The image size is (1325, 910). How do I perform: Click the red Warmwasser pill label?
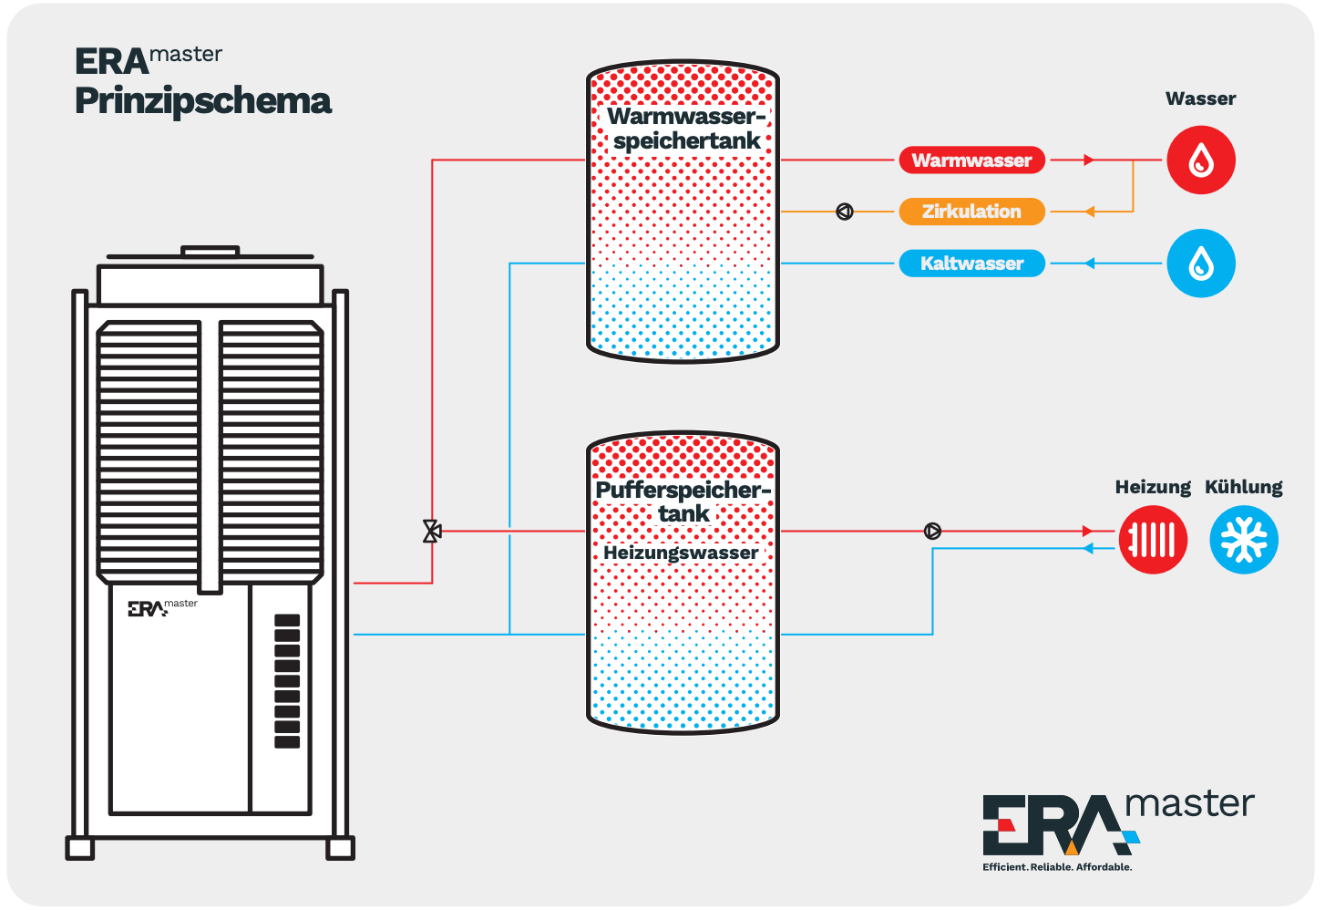pos(971,160)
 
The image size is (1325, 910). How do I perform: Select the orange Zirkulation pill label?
pos(971,212)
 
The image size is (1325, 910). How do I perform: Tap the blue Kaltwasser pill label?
pos(971,263)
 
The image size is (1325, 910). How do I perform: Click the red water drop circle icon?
pos(1201,160)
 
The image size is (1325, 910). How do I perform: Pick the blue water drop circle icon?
pos(1201,263)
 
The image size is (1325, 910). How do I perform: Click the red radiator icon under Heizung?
pos(1152,540)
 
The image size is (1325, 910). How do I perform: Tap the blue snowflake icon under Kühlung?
pos(1243,540)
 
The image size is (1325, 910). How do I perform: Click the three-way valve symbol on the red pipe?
pos(432,531)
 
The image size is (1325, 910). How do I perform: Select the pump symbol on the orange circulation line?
pos(845,212)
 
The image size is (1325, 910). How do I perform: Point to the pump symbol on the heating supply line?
pos(932,531)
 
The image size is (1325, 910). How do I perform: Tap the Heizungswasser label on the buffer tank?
pos(681,553)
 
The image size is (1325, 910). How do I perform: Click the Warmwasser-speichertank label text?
pos(686,129)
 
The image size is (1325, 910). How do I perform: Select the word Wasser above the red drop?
pos(1201,98)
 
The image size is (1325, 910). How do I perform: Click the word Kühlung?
pos(1244,487)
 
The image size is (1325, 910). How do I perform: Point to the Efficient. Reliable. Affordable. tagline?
pos(1057,867)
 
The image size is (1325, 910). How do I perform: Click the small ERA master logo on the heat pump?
pos(163,607)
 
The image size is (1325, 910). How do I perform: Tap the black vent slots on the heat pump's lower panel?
pos(287,681)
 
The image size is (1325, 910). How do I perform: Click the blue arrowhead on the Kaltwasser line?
pos(1089,263)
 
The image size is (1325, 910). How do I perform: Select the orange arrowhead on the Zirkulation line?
pos(1089,212)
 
